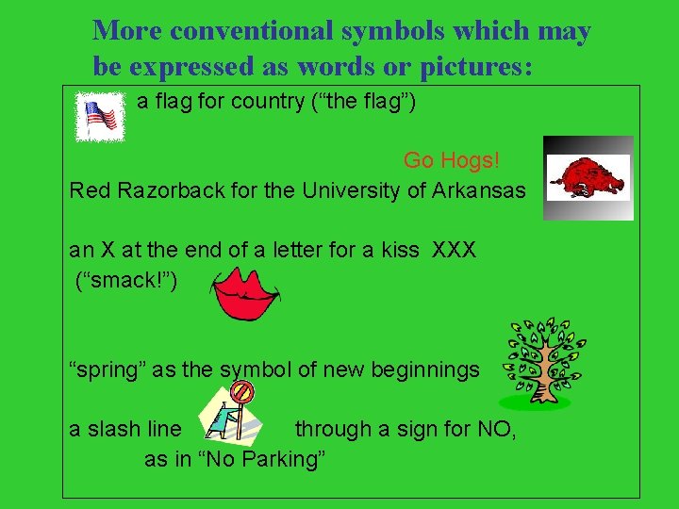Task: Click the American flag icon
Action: [100, 117]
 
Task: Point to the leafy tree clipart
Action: [543, 362]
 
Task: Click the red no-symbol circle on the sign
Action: [243, 390]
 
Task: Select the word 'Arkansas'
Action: [479, 190]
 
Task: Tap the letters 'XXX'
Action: [454, 251]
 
